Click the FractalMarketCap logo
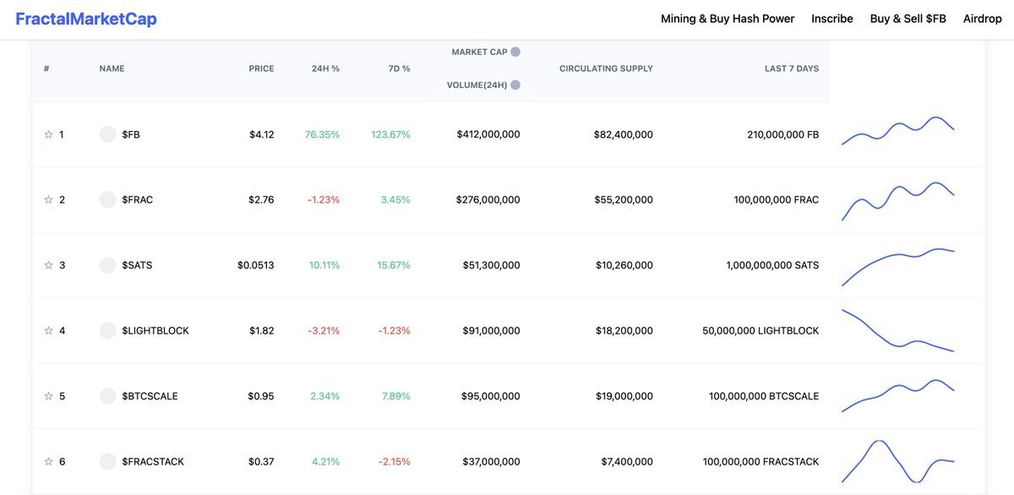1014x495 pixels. coord(86,19)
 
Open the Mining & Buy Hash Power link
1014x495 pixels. coord(728,19)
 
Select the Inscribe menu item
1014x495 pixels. coord(832,19)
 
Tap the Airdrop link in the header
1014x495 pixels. coord(982,19)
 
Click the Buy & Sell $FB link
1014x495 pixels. coord(908,19)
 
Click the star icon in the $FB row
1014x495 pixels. coord(48,134)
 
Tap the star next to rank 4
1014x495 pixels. coord(48,331)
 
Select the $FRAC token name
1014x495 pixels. coord(137,200)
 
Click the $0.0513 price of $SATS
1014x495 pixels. coord(255,265)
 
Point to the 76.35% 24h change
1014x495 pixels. coord(322,134)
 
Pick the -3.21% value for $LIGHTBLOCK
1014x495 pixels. coord(324,331)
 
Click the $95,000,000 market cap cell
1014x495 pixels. coord(490,396)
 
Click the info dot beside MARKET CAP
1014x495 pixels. coord(515,52)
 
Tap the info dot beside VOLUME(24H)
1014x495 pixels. coord(515,84)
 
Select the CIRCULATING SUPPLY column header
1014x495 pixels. coord(606,68)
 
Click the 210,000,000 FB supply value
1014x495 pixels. coord(782,134)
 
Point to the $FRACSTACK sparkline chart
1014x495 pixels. coord(897,461)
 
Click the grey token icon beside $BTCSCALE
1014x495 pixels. coord(107,396)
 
